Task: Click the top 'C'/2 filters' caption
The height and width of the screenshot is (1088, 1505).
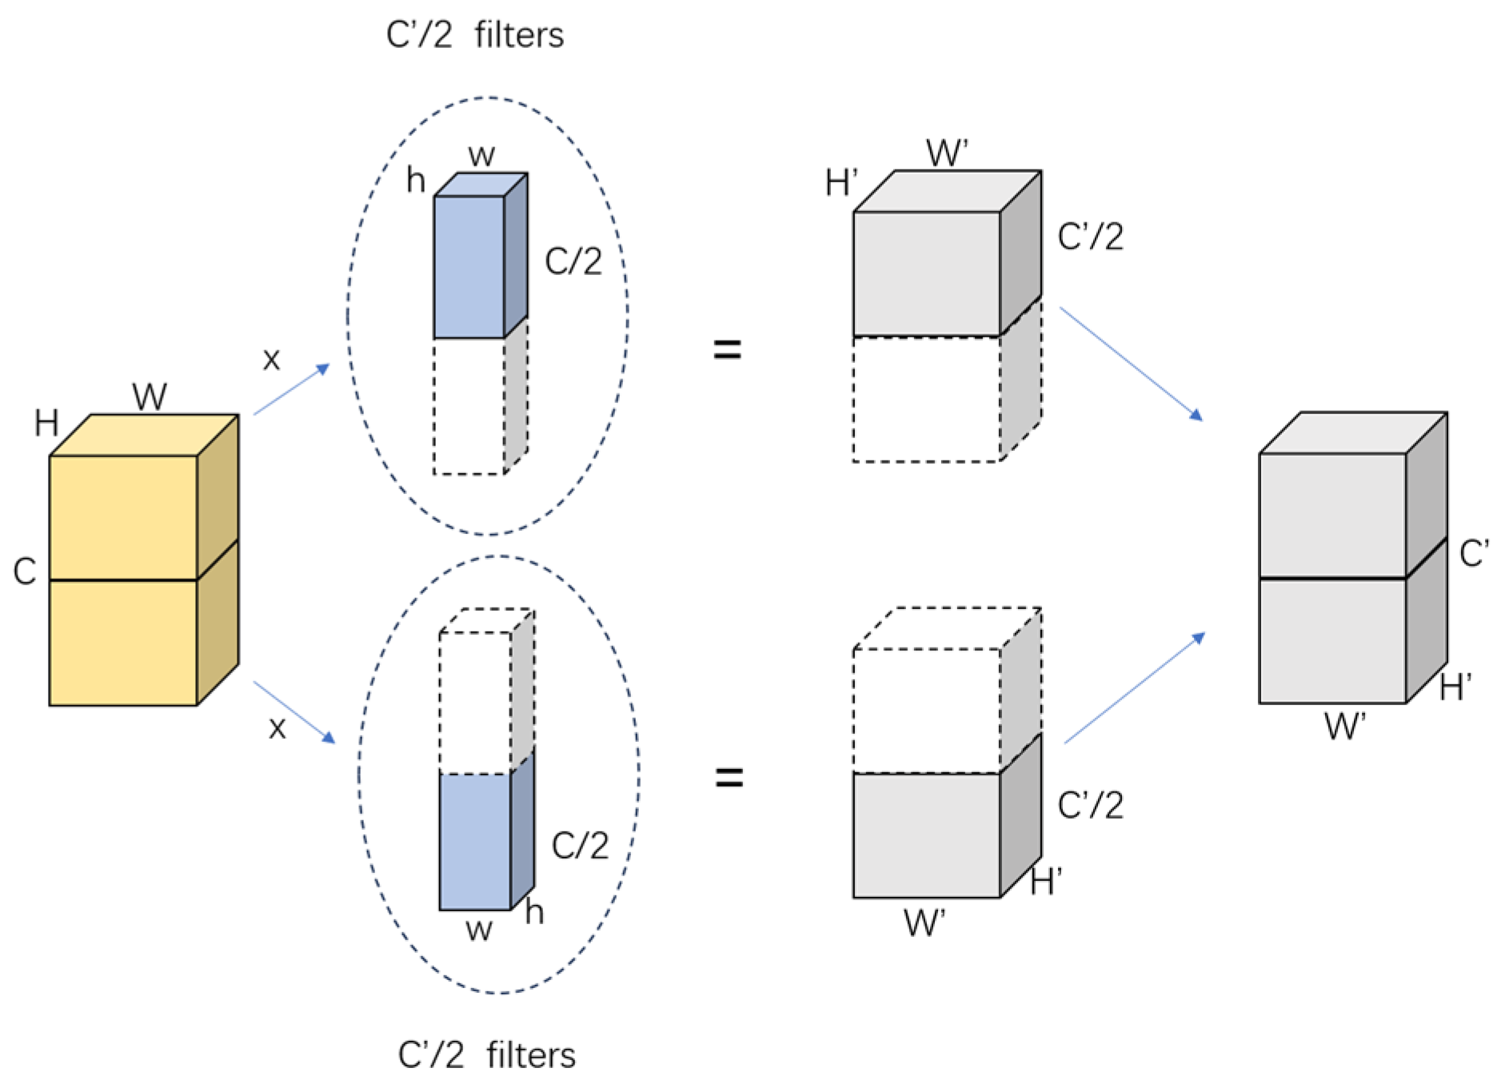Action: click(x=474, y=35)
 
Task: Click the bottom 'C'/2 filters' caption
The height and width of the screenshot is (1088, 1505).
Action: click(x=486, y=1054)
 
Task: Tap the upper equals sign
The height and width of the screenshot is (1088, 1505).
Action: click(x=727, y=349)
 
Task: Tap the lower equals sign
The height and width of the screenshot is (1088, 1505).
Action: click(x=729, y=777)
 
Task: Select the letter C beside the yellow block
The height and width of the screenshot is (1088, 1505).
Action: click(x=25, y=572)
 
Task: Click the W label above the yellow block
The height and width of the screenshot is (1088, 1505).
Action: click(x=150, y=397)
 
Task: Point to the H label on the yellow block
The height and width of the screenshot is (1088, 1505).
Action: click(x=46, y=423)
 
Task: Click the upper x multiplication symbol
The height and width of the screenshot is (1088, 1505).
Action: click(x=272, y=360)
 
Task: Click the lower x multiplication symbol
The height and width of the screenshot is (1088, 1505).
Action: click(x=277, y=728)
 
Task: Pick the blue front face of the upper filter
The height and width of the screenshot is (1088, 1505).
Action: click(x=469, y=267)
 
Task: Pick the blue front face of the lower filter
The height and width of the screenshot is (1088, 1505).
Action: click(x=474, y=842)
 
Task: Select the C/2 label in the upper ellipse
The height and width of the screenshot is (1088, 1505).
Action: click(x=573, y=261)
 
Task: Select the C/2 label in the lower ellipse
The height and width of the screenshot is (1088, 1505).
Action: click(x=580, y=845)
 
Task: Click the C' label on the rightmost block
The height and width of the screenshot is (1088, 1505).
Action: click(x=1473, y=553)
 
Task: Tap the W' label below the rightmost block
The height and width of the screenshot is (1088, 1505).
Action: click(x=1344, y=726)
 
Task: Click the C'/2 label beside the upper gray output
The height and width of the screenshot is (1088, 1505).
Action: click(x=1090, y=237)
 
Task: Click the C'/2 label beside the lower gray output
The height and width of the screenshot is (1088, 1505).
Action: click(x=1090, y=805)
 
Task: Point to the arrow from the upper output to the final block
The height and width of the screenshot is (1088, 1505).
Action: click(x=1131, y=363)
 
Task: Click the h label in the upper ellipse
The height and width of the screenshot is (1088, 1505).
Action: click(x=416, y=180)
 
